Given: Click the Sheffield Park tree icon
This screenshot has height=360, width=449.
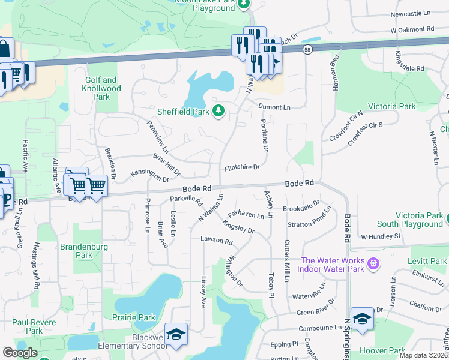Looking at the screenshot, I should (219, 111).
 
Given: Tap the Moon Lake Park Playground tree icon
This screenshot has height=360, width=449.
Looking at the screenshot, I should (243, 5).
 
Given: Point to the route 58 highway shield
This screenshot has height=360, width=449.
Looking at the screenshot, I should (308, 50).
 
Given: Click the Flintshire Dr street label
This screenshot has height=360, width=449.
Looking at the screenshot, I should (241, 167).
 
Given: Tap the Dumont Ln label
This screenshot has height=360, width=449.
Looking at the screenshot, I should (274, 107).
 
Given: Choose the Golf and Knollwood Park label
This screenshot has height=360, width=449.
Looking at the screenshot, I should (101, 88).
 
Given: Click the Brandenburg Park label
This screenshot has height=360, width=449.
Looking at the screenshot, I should (84, 251).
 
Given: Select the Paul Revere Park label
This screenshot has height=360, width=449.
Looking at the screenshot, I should (35, 326).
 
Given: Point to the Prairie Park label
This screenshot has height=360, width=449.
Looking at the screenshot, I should (133, 317).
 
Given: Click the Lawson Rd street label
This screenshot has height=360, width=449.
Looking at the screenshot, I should (216, 241).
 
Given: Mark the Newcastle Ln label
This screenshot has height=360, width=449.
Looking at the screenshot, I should (411, 13).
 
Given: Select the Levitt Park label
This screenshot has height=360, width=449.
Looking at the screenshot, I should (426, 261).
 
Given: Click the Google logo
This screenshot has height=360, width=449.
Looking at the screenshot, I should (20, 353).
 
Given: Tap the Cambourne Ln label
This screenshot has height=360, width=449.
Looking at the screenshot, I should (321, 328).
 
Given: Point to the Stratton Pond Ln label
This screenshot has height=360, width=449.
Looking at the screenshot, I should (310, 220).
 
